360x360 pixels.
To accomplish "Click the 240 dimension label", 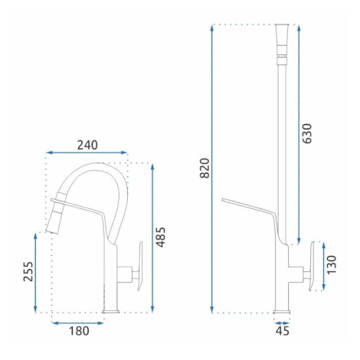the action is [87, 145].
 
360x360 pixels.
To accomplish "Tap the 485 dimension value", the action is [161, 237].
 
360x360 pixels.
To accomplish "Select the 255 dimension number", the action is [28, 271].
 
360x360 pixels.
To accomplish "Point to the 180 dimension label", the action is [79, 331].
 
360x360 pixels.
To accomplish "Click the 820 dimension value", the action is [205, 168].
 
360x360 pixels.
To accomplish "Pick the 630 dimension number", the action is [307, 133].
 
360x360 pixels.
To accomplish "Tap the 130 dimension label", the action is [332, 265].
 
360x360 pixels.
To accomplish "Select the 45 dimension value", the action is [283, 331].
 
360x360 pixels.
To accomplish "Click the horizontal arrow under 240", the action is [87, 152].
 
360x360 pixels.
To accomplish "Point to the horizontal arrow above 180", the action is [77, 323].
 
